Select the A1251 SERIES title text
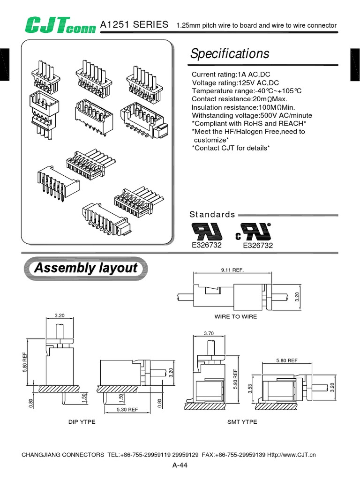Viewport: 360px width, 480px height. pos(135,24)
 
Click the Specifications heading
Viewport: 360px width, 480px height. pos(230,53)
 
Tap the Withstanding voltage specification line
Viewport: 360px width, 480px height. pos(252,115)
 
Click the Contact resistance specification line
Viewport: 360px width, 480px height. pos(239,99)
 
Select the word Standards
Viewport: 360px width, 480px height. pos(212,215)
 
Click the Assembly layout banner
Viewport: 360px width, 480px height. pos(86,269)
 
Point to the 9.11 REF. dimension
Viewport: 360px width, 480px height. pos(232,270)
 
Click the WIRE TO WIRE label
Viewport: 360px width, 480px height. pos(236,317)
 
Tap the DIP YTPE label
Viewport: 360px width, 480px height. pos(82,422)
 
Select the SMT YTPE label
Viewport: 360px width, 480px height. pos(242,422)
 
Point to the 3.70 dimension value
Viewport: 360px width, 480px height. pos(209,333)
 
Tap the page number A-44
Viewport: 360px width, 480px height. pos(180,465)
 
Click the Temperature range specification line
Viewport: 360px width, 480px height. pos(246,91)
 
